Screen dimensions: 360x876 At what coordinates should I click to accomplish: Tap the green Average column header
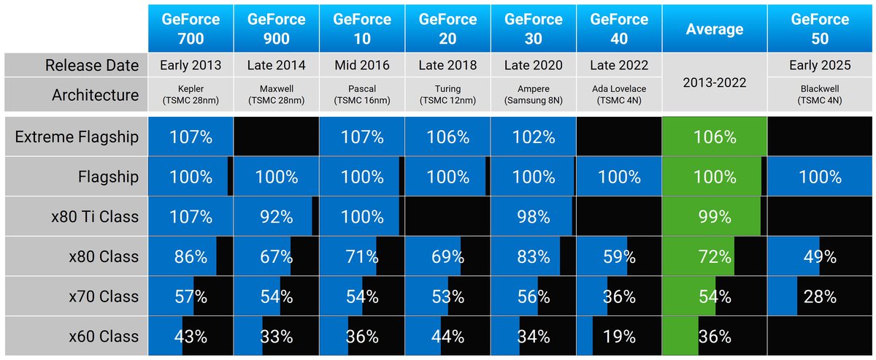tap(715, 29)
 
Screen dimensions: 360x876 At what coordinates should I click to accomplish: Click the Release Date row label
tap(92, 65)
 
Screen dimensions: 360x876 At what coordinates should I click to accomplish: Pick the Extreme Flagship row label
tap(76, 137)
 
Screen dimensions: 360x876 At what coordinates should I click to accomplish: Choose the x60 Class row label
tap(104, 337)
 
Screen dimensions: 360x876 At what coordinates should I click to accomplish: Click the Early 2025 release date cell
tap(820, 65)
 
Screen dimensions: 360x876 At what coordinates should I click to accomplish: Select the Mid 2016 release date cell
tap(362, 65)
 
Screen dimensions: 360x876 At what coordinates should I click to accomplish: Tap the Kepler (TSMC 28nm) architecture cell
tap(191, 95)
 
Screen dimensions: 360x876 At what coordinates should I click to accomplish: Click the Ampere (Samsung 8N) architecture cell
tap(533, 95)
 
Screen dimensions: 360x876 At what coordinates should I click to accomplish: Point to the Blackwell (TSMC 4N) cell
tap(820, 95)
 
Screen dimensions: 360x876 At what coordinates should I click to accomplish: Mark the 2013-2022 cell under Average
tap(715, 82)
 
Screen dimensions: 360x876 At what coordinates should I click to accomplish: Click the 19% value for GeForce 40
tap(618, 337)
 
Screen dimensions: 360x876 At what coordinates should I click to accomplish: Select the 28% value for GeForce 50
tap(820, 296)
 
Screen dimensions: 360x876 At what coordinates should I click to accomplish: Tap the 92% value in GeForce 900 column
tap(277, 216)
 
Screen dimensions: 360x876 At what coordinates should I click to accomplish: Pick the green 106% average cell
tap(715, 137)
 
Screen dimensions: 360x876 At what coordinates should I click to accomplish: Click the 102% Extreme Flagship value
tap(533, 137)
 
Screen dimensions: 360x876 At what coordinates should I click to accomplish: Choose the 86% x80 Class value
tap(191, 256)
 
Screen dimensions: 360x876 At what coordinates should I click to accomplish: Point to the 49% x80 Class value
tap(820, 256)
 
